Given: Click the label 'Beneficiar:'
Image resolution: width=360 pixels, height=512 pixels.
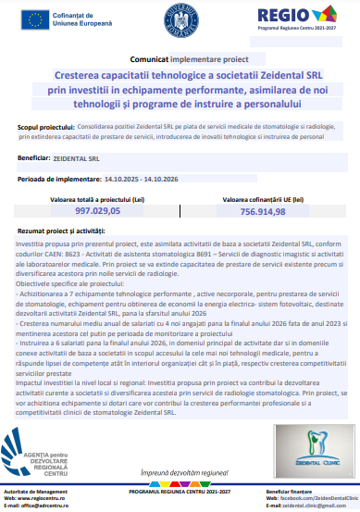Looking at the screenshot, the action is tap(34, 158).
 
